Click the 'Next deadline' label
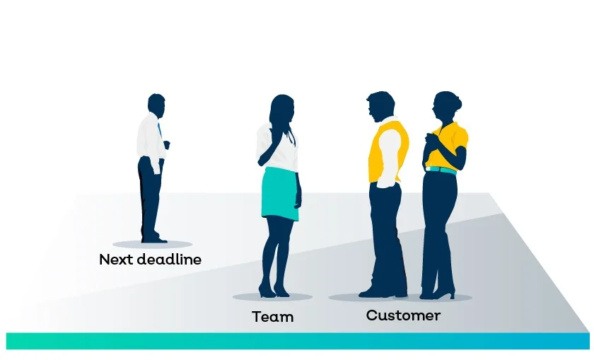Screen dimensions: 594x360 pos(150,260)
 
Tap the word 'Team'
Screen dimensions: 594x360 pos(272,317)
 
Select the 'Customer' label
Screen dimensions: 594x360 pos(403,315)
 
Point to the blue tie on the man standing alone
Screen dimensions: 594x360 pos(160,129)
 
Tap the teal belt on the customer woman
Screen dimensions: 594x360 pos(441,169)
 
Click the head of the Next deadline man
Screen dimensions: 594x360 pos(156,103)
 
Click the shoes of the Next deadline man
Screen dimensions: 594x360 pos(153,239)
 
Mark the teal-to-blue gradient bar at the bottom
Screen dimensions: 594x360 pos(297,341)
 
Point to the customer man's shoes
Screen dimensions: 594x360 pos(382,291)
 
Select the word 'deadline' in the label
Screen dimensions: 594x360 pos(168,260)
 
